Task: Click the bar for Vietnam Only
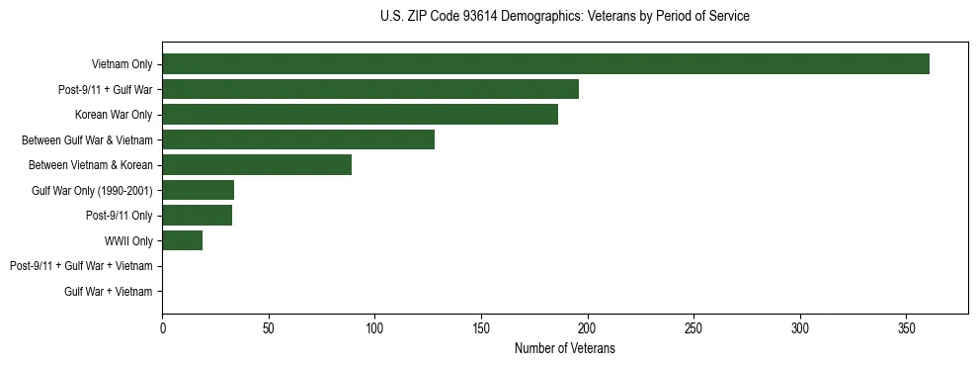pos(545,64)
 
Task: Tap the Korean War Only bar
pos(360,115)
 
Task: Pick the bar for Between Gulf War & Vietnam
pos(298,139)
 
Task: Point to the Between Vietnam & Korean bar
pos(257,164)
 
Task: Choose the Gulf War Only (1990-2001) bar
pos(198,190)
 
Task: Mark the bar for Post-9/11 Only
pos(197,215)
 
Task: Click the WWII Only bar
pos(182,240)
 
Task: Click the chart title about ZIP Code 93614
pos(564,17)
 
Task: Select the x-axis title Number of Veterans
pos(564,348)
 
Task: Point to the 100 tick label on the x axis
pos(374,328)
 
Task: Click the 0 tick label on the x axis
pos(162,328)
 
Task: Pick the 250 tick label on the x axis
pos(693,328)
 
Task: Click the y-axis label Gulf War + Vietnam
pos(109,291)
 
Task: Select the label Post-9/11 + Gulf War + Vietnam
pos(81,266)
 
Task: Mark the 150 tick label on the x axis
pos(481,328)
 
